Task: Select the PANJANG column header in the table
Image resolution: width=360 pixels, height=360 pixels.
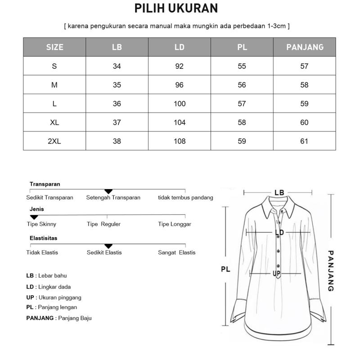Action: (304, 47)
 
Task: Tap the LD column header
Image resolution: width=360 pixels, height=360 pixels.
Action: (179, 47)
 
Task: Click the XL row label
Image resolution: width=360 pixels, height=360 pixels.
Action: (54, 122)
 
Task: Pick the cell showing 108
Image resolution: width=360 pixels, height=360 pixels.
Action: (179, 141)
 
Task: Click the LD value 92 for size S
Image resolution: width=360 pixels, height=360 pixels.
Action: (179, 66)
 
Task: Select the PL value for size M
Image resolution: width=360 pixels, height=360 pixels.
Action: (242, 85)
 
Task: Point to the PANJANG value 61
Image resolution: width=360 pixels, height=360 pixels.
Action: (304, 141)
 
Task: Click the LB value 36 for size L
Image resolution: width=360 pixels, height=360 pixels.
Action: (117, 103)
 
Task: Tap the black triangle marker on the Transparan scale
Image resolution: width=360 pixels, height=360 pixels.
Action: (108, 192)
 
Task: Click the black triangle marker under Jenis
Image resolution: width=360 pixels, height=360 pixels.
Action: (34, 217)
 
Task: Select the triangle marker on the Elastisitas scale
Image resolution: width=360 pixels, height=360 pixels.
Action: (108, 246)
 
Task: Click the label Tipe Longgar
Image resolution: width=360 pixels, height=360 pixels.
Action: (175, 224)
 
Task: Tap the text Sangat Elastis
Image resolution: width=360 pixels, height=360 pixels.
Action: (176, 252)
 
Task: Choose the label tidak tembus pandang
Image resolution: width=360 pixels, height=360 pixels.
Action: (185, 198)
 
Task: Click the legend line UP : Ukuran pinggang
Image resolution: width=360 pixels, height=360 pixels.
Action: (54, 297)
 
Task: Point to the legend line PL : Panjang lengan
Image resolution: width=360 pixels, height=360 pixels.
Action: (51, 307)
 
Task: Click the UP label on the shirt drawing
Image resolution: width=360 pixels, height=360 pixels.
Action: (276, 273)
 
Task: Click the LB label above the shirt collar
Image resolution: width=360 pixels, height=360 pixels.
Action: (279, 193)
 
